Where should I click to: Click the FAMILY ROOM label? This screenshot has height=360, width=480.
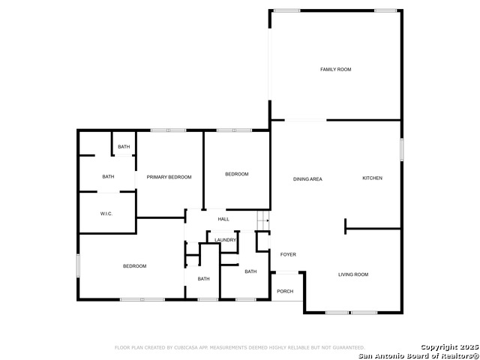(335, 70)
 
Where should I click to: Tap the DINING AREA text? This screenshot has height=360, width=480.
(307, 179)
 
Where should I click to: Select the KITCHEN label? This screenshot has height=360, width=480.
(372, 178)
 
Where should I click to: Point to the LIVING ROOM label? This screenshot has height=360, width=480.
(352, 274)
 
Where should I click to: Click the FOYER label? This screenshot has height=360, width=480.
(288, 254)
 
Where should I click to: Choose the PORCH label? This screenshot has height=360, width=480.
(285, 291)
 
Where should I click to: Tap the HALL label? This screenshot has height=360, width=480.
(223, 219)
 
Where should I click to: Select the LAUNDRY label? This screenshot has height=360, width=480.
(225, 240)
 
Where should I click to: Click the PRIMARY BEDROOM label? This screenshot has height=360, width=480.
(169, 177)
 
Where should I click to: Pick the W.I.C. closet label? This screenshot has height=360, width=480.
(106, 214)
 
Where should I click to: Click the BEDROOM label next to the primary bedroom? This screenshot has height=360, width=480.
(236, 174)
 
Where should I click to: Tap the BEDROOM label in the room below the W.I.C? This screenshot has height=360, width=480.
(134, 266)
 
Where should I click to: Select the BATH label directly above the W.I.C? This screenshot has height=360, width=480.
(108, 177)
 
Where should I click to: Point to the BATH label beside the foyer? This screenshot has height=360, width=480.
(250, 271)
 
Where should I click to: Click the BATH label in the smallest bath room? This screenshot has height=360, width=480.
(124, 146)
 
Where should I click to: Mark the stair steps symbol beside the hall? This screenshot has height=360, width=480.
(263, 219)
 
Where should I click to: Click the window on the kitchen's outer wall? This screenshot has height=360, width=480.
(401, 148)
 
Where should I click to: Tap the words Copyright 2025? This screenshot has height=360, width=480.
(447, 346)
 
